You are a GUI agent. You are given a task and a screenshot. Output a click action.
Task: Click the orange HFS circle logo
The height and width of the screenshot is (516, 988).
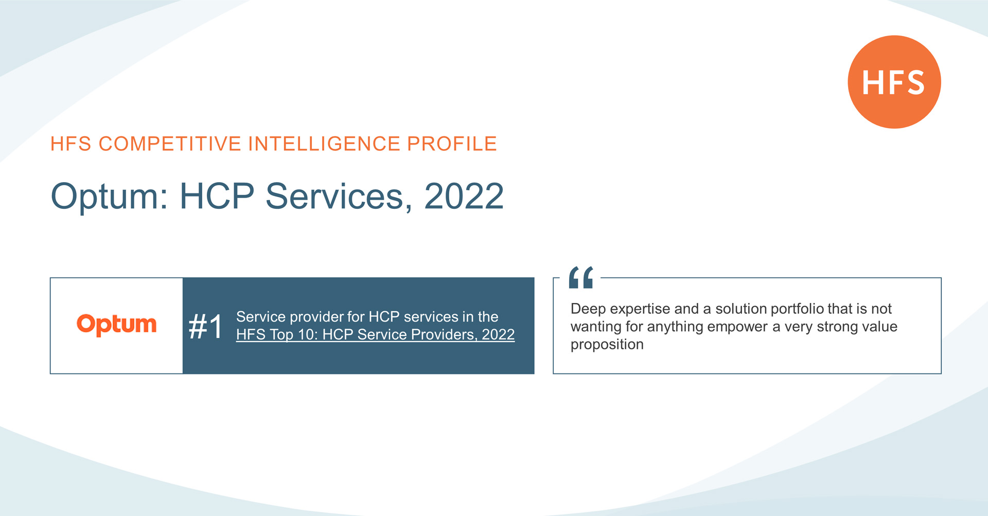click(894, 82)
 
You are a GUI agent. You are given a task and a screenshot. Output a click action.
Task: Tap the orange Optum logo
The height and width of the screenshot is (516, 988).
click(116, 325)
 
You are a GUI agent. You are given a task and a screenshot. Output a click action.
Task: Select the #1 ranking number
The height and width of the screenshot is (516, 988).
click(206, 326)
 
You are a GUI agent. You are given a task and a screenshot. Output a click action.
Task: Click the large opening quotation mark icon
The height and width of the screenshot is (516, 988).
click(581, 277)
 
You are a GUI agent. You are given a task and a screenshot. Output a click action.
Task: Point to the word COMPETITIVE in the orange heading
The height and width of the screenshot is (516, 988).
click(170, 144)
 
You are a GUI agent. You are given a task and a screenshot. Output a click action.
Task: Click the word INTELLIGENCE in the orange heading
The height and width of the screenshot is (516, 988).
click(324, 144)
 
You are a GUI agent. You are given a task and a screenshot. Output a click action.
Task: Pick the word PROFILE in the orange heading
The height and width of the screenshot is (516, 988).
click(452, 144)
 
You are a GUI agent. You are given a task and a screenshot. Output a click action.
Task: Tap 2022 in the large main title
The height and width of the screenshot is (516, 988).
click(464, 196)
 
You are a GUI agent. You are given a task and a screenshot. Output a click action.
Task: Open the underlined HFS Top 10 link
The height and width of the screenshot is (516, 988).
click(375, 334)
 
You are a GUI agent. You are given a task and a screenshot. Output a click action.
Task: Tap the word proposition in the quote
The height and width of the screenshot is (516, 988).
click(607, 345)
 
